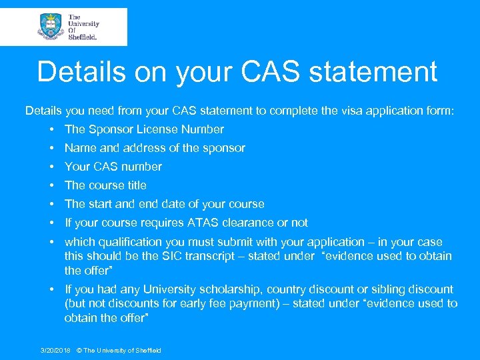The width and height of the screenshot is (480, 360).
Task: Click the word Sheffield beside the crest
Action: click(83, 37)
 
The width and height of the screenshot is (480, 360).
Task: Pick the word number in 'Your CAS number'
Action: click(141, 167)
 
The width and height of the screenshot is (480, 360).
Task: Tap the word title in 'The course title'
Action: click(135, 185)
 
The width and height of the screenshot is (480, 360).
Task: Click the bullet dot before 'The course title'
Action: click(51, 185)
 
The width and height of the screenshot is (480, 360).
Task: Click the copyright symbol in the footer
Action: click(79, 351)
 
